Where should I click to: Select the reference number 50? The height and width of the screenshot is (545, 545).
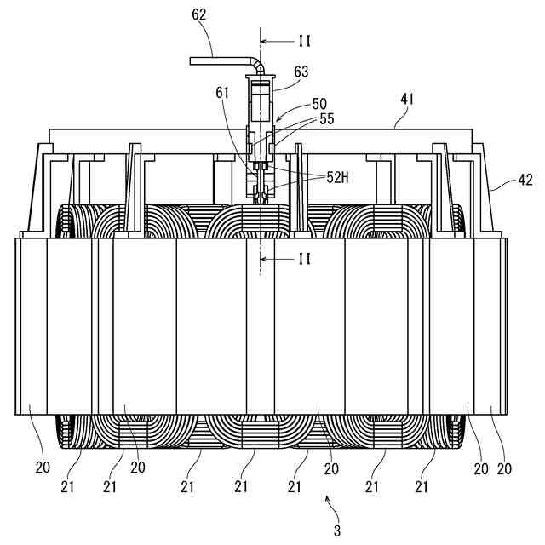point(319,103)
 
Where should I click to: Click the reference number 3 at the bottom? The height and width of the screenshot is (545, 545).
point(338,531)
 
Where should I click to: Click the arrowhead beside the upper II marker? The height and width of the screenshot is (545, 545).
point(265,41)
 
